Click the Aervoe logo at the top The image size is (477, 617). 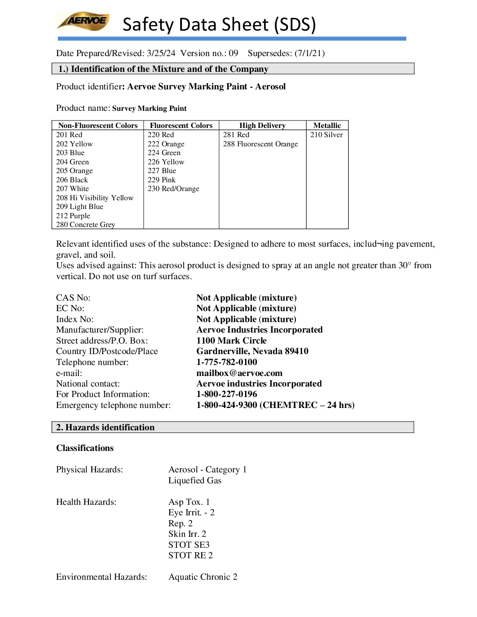83,21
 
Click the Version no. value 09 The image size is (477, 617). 233,53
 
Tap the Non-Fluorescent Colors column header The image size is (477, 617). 98,126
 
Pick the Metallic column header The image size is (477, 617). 327,126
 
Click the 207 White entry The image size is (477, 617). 72,189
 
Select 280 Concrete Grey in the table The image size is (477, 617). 85,225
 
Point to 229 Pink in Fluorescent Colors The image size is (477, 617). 161,180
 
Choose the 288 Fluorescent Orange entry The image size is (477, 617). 260,144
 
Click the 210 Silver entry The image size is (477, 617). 327,135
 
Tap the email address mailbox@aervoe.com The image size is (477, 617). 239,373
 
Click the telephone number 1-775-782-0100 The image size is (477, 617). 227,362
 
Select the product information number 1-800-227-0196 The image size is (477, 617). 227,394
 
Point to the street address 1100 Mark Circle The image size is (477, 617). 231,341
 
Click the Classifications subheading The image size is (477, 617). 85,448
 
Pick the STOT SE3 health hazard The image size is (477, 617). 189,545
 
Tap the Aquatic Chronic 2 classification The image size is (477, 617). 203,577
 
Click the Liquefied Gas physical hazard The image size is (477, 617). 195,481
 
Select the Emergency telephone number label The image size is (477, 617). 113,405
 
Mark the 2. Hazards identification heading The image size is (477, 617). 105,428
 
